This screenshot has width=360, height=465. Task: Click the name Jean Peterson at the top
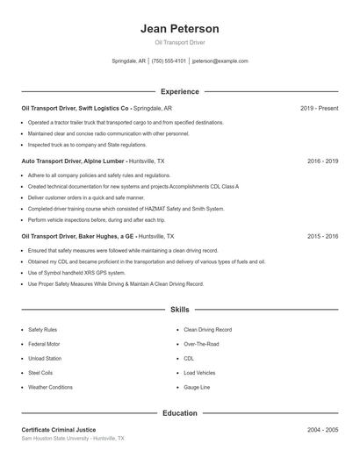(179, 29)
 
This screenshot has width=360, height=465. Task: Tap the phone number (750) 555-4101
(169, 61)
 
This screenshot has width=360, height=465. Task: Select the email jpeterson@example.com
(220, 61)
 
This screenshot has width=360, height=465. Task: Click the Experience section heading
(179, 91)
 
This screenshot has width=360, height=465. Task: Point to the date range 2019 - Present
(319, 108)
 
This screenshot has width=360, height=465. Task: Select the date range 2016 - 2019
(322, 161)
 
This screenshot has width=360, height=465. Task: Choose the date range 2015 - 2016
(322, 237)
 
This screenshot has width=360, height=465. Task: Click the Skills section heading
(179, 310)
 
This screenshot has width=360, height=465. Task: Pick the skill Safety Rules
(42, 330)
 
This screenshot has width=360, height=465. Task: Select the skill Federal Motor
(44, 344)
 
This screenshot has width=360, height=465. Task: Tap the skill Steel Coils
(40, 373)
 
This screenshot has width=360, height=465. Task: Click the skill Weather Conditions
(50, 387)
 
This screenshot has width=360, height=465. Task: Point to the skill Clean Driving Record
(208, 330)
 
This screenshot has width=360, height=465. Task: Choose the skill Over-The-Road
(201, 344)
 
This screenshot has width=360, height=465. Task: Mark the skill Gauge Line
(197, 387)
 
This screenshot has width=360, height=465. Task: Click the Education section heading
(179, 412)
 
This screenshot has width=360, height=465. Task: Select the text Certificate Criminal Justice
(60, 430)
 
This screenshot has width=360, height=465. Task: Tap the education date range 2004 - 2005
(322, 430)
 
